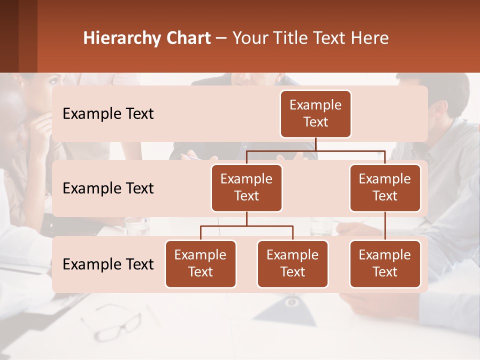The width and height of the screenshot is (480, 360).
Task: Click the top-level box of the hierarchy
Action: pyautogui.click(x=315, y=114)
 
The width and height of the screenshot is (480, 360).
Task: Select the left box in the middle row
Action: pyautogui.click(x=246, y=188)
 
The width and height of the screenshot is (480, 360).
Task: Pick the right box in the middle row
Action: pyautogui.click(x=385, y=188)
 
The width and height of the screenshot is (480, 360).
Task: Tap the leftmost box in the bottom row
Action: pyautogui.click(x=200, y=264)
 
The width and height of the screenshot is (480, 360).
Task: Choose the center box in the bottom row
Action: pyautogui.click(x=292, y=264)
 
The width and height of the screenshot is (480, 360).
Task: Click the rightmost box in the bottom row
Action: pyautogui.click(x=385, y=264)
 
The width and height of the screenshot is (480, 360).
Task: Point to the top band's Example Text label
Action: pyautogui.click(x=108, y=114)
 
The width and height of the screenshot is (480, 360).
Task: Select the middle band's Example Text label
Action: pyautogui.click(x=108, y=188)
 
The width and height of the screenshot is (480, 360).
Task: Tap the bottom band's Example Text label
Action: pyautogui.click(x=108, y=264)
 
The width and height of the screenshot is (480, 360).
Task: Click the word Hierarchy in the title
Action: pyautogui.click(x=121, y=38)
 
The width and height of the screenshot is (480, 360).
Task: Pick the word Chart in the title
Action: pyautogui.click(x=187, y=38)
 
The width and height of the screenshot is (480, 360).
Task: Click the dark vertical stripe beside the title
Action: pyautogui.click(x=27, y=36)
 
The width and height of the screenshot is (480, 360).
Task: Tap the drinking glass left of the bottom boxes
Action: pyautogui.click(x=136, y=226)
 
